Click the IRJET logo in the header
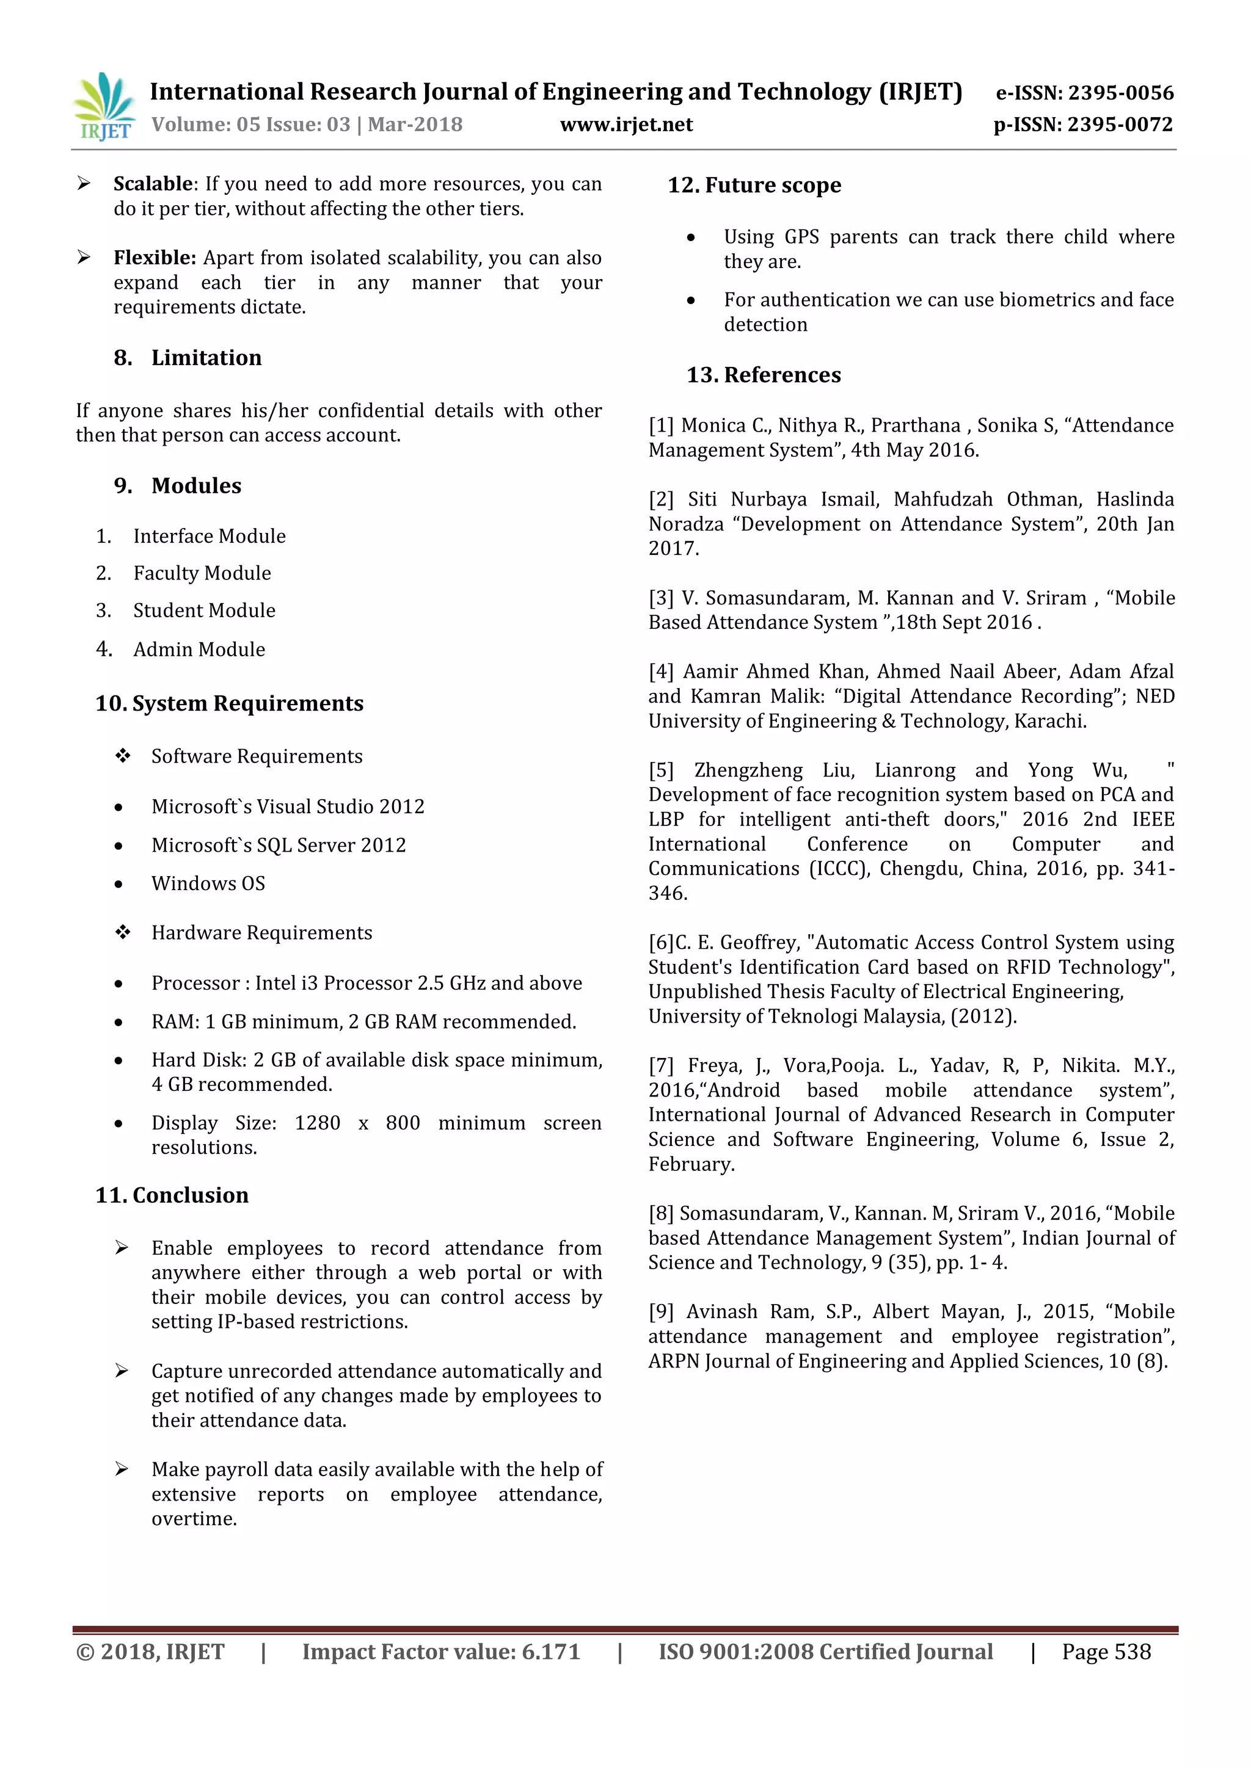(x=104, y=106)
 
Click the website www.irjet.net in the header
(x=626, y=125)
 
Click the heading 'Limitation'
(x=206, y=358)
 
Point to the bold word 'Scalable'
(x=153, y=184)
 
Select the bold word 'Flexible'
(x=154, y=258)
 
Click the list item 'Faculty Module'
(x=202, y=574)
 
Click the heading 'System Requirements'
(x=247, y=704)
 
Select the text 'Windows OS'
(x=208, y=884)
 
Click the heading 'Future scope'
(x=773, y=186)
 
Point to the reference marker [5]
(x=661, y=771)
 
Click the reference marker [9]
(x=661, y=1312)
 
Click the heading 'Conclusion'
(x=190, y=1196)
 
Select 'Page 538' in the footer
(x=1106, y=1653)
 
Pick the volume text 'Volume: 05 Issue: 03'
(x=250, y=125)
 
